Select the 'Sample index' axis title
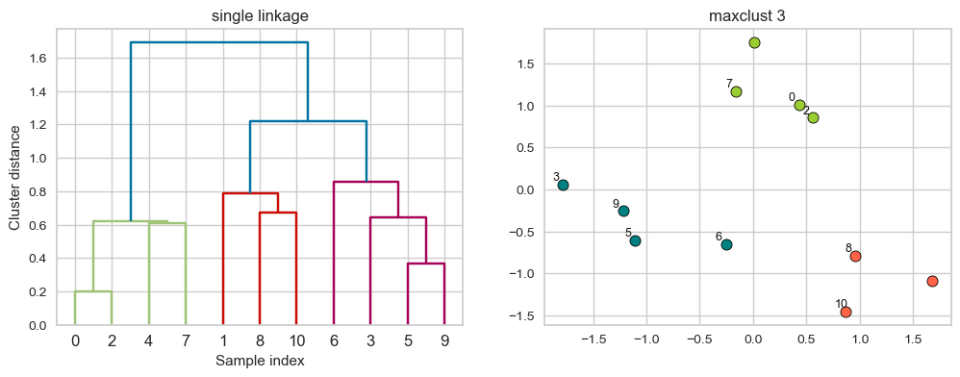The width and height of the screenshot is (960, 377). point(260,361)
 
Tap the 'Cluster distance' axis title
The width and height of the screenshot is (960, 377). point(14,177)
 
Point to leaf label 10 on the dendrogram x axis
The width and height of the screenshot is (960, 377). point(296,339)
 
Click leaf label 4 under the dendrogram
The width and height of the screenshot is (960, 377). point(149,339)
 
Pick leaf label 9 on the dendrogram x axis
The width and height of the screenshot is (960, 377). point(443,339)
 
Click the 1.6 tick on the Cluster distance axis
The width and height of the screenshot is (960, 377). point(37,58)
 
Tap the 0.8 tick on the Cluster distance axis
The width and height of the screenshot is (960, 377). point(37,191)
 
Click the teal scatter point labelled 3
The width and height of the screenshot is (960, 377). point(563,185)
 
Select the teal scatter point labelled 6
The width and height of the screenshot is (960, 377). point(726,244)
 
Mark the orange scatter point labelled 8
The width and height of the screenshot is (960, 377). point(855,256)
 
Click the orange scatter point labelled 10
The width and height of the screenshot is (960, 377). point(846,312)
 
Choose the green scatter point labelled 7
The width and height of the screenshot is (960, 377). point(736,91)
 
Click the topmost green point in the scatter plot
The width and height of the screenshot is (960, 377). point(754,42)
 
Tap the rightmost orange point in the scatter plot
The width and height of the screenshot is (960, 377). point(932,281)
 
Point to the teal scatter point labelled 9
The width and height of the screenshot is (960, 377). point(623,211)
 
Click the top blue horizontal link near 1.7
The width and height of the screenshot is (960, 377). point(219,42)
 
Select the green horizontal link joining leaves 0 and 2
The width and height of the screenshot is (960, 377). point(93,291)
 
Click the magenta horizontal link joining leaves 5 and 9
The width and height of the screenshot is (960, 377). point(425,264)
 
